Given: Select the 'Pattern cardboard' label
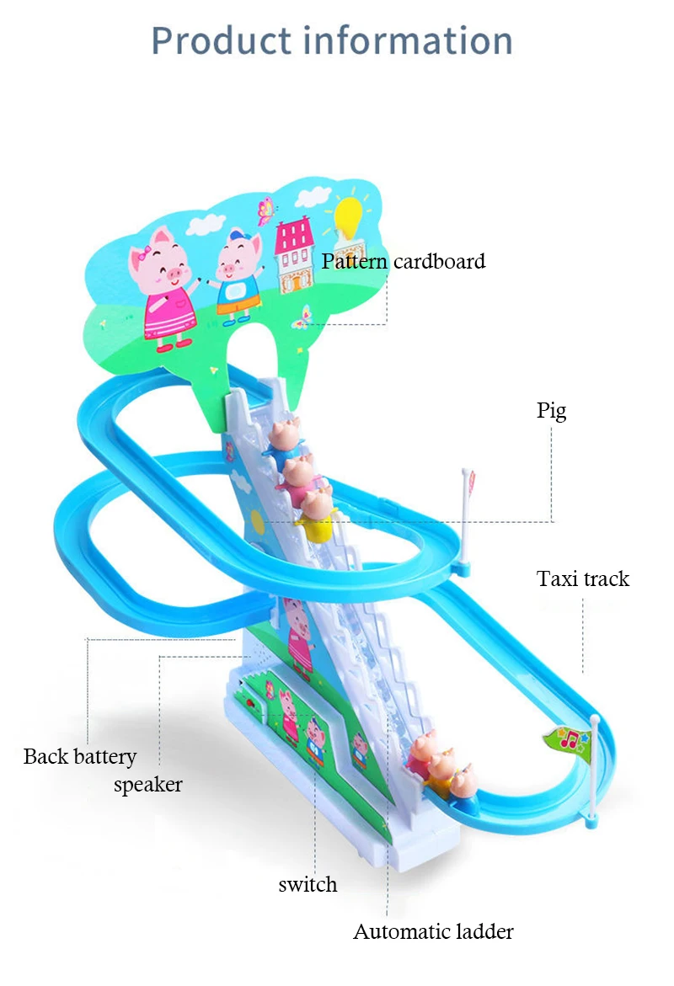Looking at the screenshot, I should [x=404, y=261].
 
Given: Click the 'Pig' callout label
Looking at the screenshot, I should [x=552, y=411].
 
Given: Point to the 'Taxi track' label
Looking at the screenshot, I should [x=583, y=578].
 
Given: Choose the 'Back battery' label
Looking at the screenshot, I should [x=79, y=756].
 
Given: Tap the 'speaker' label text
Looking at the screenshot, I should [x=148, y=785].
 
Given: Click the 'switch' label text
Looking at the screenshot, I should [x=308, y=884].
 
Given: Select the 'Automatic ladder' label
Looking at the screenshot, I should [x=433, y=931].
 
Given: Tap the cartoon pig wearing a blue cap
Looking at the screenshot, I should [x=235, y=274].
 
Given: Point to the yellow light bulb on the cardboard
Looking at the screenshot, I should [x=348, y=217].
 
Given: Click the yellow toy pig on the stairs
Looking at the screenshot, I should [x=317, y=516].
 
